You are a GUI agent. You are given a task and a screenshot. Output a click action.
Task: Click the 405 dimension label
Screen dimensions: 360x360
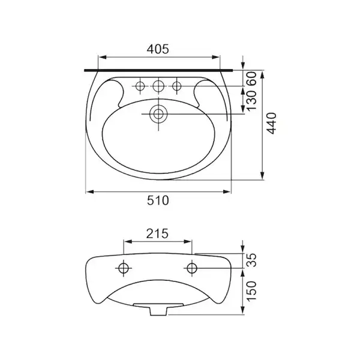click(158, 49)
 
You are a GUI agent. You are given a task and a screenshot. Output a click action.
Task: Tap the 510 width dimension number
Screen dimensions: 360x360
click(158, 200)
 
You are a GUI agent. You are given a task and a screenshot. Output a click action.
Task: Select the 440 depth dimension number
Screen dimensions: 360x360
click(271, 123)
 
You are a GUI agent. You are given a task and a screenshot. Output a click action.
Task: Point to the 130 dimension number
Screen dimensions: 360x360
click(251, 100)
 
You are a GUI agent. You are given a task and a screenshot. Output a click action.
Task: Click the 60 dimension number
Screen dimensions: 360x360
click(251, 79)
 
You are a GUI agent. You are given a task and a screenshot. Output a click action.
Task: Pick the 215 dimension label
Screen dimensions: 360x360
click(157, 233)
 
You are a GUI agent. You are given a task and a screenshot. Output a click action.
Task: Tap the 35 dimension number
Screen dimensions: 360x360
click(251, 260)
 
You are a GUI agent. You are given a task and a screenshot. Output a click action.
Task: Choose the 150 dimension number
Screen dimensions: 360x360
click(251, 291)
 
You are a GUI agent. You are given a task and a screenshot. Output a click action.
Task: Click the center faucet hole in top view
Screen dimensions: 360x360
click(158, 86)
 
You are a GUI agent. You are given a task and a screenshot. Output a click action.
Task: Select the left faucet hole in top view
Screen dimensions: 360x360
click(140, 86)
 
